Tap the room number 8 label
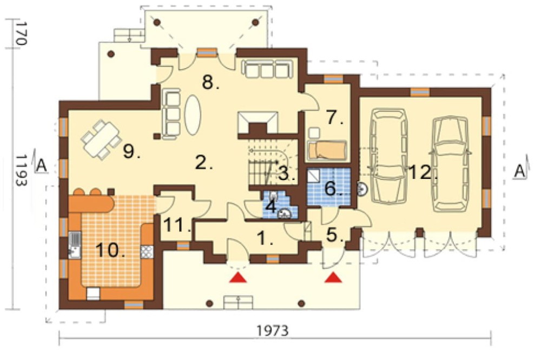[210, 82]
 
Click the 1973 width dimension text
[272, 330]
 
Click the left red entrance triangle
[239, 277]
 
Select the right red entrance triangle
[333, 277]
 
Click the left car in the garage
[388, 157]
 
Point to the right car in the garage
[451, 163]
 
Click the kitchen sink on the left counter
[74, 245]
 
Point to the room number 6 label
[333, 188]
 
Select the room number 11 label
[177, 225]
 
